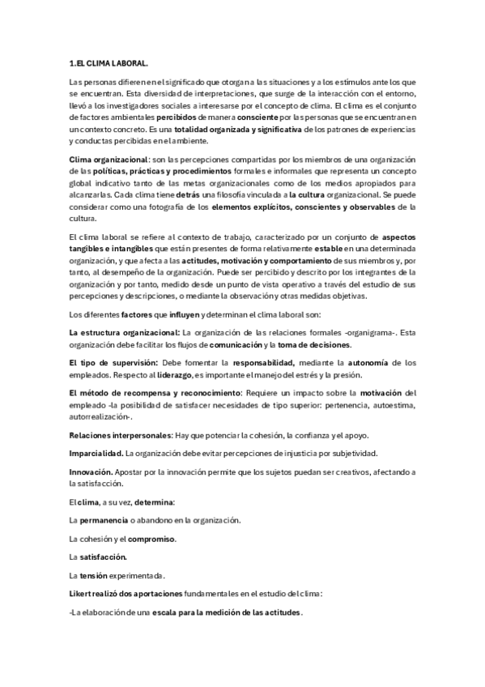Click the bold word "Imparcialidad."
(97, 453)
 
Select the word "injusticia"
(303, 453)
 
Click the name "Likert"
(83, 594)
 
